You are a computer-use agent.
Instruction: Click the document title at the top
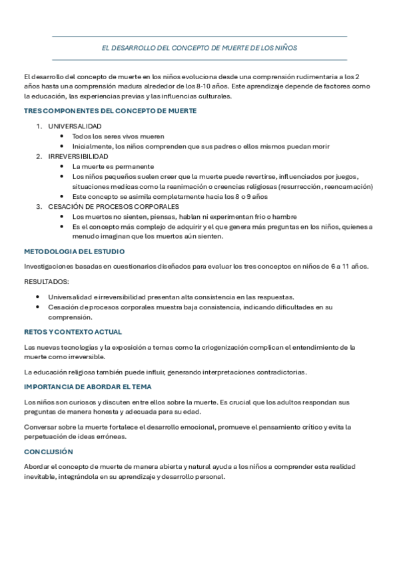(199, 48)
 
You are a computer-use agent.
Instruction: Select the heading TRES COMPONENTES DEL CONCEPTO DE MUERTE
(110, 111)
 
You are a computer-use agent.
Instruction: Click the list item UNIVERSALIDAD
(75, 126)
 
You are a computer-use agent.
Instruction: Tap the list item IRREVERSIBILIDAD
(78, 156)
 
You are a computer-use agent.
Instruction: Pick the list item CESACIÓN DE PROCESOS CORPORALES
(113, 207)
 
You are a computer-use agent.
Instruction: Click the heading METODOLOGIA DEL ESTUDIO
(74, 251)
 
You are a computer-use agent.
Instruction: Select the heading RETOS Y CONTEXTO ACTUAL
(73, 332)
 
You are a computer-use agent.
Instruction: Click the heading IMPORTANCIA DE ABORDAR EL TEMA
(88, 386)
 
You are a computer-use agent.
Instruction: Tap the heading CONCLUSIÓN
(49, 452)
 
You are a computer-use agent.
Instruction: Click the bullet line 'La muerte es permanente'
(113, 166)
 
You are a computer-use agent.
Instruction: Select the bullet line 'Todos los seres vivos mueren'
(118, 136)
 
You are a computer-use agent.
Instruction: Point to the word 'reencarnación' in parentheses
(348, 186)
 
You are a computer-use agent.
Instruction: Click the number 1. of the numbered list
(39, 126)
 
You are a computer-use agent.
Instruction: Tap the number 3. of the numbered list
(39, 207)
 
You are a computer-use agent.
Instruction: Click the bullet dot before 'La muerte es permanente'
(62, 166)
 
